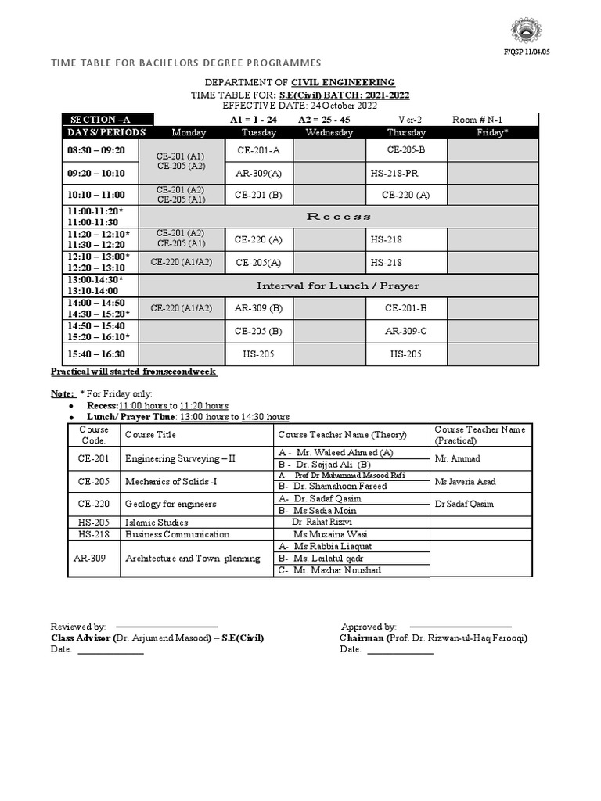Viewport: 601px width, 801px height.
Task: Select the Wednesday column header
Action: click(329, 132)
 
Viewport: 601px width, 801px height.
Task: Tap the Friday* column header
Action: click(492, 132)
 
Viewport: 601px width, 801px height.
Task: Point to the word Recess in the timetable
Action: click(338, 216)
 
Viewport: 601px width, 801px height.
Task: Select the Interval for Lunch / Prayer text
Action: click(338, 286)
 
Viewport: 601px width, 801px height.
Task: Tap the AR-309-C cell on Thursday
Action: click(406, 331)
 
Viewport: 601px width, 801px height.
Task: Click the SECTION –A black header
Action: click(101, 120)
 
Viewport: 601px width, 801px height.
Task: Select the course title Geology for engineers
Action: click(171, 504)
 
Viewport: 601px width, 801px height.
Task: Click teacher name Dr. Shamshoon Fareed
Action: click(333, 486)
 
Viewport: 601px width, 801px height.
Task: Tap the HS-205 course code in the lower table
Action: click(93, 522)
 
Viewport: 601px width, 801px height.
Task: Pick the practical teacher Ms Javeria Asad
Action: click(466, 481)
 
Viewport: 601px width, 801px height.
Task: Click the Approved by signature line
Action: click(462, 627)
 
